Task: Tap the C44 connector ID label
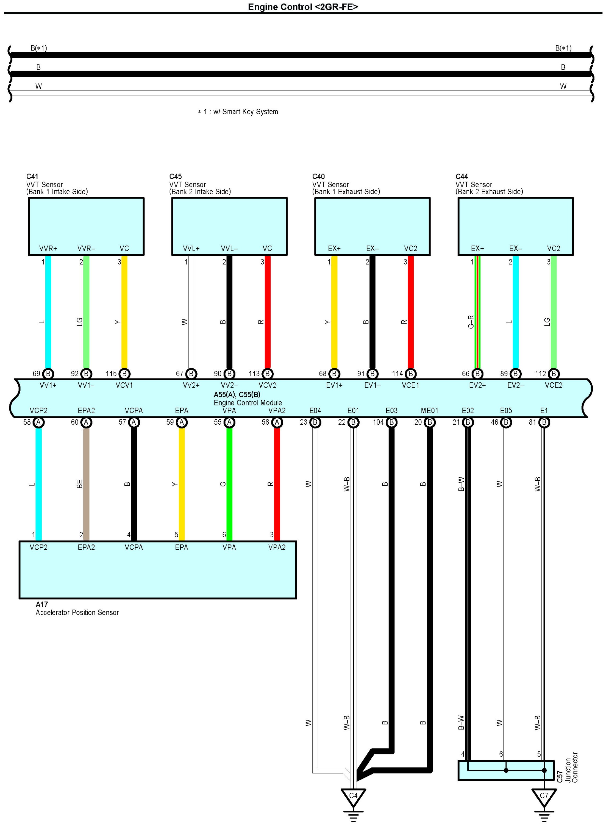[x=462, y=176]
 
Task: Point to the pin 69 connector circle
[x=48, y=374]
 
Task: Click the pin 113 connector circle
[x=267, y=374]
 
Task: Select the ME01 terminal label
[x=429, y=410]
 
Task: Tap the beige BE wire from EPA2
[x=86, y=484]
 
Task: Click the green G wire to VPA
[x=229, y=484]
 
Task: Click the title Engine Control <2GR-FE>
[x=303, y=7]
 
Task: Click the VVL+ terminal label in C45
[x=191, y=248]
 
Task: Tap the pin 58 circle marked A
[x=38, y=422]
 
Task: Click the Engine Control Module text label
[x=248, y=403]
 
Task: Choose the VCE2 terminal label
[x=553, y=385]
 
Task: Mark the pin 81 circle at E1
[x=544, y=422]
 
